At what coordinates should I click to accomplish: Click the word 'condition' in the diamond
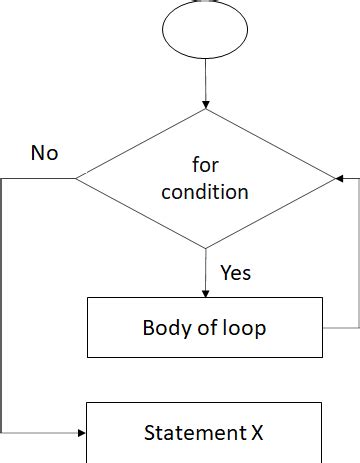click(205, 191)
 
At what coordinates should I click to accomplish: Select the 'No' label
click(45, 153)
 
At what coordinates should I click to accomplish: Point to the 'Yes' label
click(235, 272)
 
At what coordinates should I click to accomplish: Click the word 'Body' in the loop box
click(165, 328)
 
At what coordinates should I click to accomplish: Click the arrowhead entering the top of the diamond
click(205, 104)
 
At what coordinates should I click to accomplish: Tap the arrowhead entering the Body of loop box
click(205, 292)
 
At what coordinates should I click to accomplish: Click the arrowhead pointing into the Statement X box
click(82, 434)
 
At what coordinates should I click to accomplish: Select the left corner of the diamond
click(77, 179)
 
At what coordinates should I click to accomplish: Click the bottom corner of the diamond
click(205, 248)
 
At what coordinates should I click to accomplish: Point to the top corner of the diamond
click(205, 110)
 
